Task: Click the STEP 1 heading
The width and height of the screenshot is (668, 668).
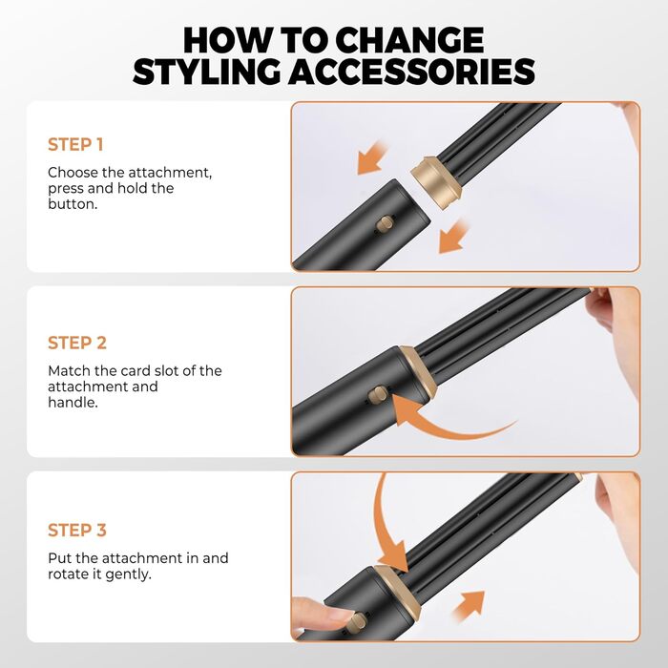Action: [75, 145]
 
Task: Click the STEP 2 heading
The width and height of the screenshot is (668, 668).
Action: [77, 343]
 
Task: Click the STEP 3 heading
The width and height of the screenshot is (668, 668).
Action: [77, 531]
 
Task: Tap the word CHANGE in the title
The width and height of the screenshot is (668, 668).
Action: [409, 40]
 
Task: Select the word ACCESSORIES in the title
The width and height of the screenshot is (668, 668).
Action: [411, 72]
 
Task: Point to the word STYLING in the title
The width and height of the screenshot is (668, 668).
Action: [207, 72]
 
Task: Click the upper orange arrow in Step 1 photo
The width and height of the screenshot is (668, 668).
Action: [371, 158]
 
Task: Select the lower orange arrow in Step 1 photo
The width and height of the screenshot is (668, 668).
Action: [453, 237]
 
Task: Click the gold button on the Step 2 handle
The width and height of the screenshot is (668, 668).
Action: [378, 393]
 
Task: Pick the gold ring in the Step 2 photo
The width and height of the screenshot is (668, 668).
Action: [418, 371]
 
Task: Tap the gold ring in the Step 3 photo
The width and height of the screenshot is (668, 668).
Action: [398, 593]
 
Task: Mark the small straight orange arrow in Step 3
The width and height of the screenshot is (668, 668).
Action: [470, 605]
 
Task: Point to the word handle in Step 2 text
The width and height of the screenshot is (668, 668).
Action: [73, 402]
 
